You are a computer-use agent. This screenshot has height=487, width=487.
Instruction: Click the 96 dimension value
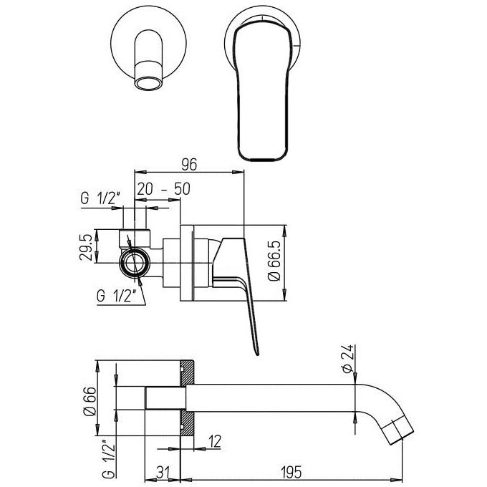pos(189,164)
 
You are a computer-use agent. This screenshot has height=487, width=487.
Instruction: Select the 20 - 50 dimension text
pos(164,189)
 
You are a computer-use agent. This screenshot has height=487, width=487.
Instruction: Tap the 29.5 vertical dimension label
pos(86,247)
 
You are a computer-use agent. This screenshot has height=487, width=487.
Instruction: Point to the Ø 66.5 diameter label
pos(274,261)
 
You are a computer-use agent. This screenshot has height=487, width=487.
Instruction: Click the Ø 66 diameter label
pos(90,401)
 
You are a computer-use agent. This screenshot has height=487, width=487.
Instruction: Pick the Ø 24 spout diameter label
pos(347,359)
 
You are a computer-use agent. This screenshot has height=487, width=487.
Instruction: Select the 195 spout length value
pos(291,473)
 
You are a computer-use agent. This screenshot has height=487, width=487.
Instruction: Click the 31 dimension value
pos(163,473)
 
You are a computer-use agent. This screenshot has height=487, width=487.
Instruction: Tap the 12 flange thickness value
pos(215,441)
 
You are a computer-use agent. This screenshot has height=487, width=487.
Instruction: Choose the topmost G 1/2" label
pos(100,198)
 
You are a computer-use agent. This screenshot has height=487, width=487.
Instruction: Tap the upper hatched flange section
pos(188,372)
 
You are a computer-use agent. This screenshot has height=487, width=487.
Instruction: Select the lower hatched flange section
pos(188,423)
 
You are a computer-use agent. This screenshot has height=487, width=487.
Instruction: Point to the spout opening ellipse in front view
pos(148,84)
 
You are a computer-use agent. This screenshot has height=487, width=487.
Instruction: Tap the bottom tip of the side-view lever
pos(257,355)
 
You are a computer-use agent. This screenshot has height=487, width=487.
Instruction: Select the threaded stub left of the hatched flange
pos(163,398)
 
